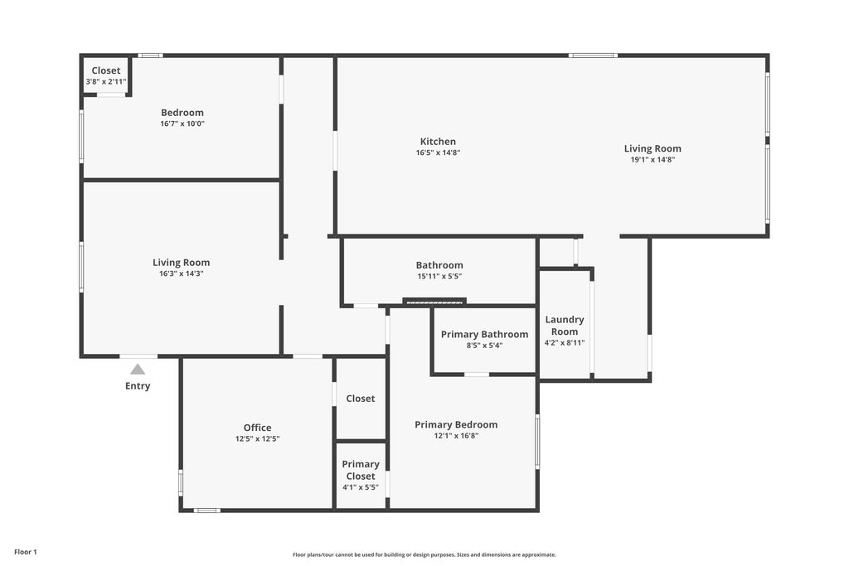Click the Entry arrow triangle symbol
click(138, 370)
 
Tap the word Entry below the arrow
click(138, 386)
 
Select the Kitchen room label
click(438, 142)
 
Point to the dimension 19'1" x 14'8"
click(653, 160)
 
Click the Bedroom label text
click(182, 113)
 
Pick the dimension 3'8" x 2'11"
click(106, 82)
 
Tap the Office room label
click(257, 428)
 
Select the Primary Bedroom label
click(456, 424)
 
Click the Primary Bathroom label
click(484, 335)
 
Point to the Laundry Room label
click(564, 326)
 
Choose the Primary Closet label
click(361, 470)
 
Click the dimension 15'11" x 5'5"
click(439, 277)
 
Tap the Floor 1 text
click(26, 552)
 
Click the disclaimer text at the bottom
click(424, 555)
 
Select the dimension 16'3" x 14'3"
click(181, 273)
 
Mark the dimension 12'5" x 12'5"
click(257, 439)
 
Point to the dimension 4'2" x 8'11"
click(564, 343)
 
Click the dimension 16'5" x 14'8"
click(438, 152)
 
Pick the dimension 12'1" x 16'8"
click(456, 436)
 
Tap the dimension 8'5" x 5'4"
click(484, 346)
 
